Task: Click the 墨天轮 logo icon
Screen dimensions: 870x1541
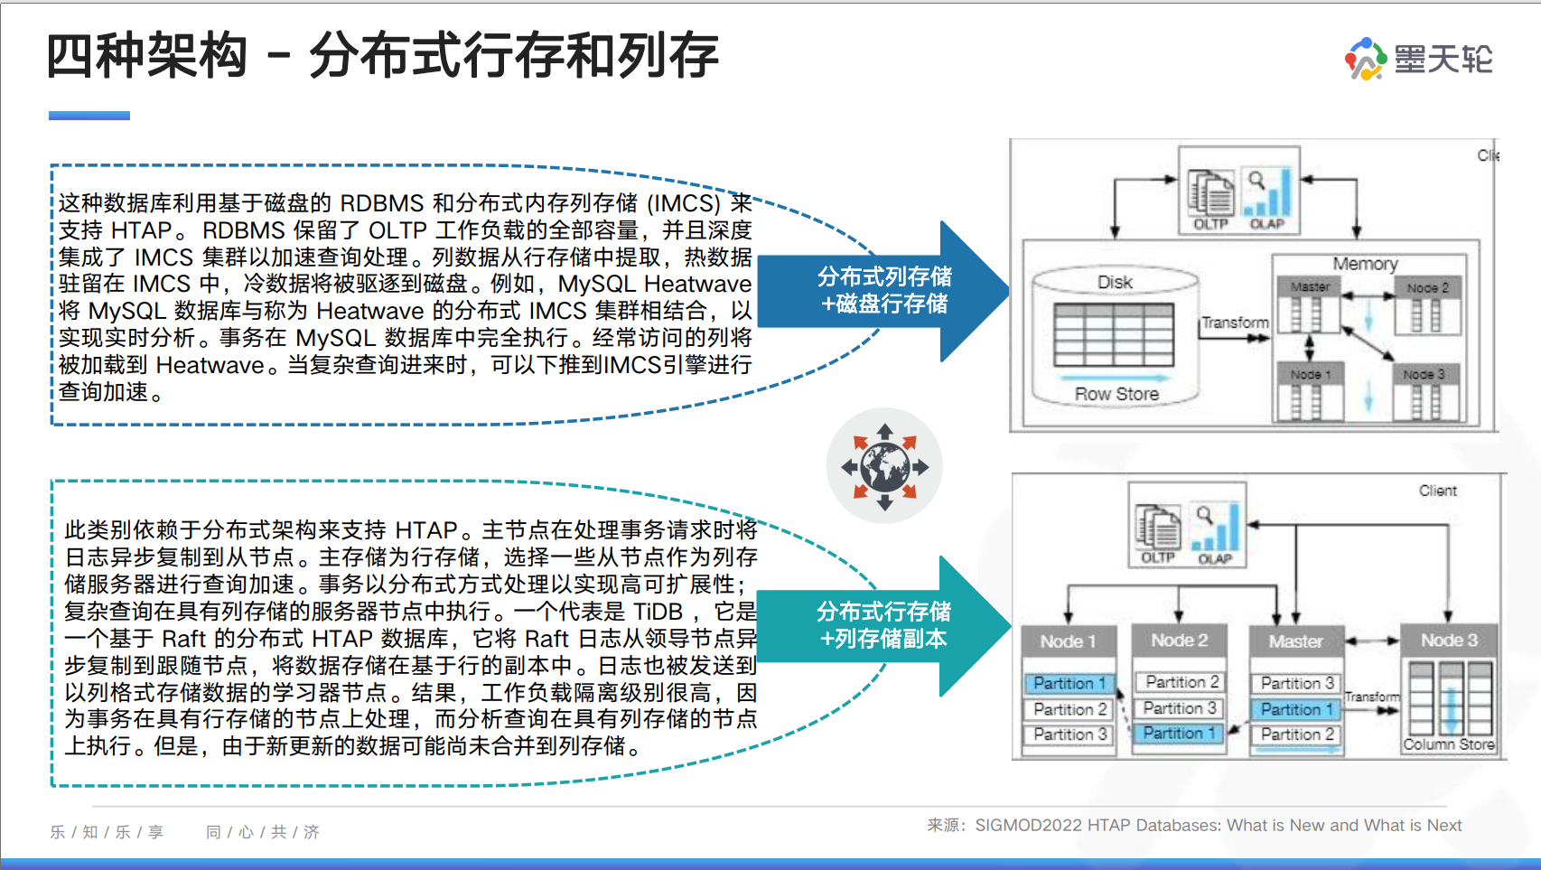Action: coord(1366,59)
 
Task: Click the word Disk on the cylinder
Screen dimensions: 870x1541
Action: coord(1115,282)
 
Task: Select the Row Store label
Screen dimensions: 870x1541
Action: coord(1116,394)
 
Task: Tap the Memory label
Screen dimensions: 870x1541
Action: coord(1365,264)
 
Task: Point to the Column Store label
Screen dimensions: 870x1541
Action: coord(1448,744)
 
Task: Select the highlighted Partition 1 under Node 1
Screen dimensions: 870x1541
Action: coord(1069,683)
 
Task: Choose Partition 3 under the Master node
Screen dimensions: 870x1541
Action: coord(1296,683)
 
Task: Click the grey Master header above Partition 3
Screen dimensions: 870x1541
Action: coord(1295,641)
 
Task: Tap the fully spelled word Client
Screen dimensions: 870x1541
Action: coord(1437,491)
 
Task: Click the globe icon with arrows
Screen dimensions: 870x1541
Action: coord(884,466)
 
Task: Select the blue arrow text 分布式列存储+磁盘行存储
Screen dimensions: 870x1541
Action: coord(884,290)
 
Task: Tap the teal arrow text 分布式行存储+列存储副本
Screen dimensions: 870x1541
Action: coord(883,625)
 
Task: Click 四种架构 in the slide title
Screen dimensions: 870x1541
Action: coord(146,55)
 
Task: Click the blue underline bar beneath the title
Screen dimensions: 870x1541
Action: coord(89,116)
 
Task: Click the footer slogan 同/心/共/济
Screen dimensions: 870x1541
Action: coord(262,832)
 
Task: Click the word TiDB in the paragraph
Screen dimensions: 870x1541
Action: coord(657,612)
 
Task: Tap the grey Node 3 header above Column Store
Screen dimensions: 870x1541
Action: coord(1448,641)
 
